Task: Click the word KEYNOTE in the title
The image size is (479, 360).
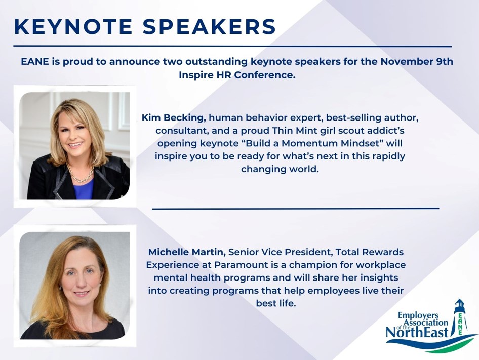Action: click(x=73, y=27)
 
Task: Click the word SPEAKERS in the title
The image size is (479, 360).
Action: click(x=209, y=27)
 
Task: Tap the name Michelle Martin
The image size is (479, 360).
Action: click(x=187, y=252)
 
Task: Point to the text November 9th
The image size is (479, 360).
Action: click(x=417, y=61)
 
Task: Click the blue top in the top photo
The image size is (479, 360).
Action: click(x=83, y=189)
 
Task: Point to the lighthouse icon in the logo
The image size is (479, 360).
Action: click(x=459, y=318)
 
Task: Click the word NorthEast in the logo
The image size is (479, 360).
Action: click(x=417, y=332)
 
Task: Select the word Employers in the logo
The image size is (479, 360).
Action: click(x=414, y=315)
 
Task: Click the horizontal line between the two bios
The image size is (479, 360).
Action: click(x=295, y=209)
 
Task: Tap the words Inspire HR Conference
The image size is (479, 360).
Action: click(x=237, y=75)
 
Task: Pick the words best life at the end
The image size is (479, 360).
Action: click(x=276, y=303)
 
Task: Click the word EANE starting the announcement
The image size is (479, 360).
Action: click(x=35, y=61)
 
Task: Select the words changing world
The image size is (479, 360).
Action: click(x=280, y=169)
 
